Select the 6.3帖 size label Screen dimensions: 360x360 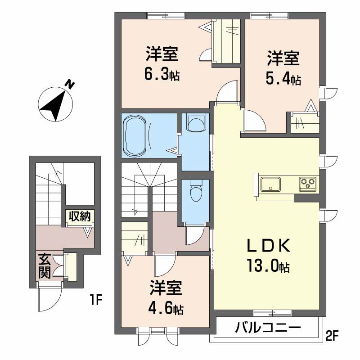pos(162,75)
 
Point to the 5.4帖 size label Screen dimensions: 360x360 pos(283,79)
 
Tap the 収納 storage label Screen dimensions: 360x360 pos(80,216)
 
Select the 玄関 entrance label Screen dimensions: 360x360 pos(44,265)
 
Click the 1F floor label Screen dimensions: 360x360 pos(96,298)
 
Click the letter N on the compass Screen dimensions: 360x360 pos(69,85)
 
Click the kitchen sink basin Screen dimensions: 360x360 pos(270,184)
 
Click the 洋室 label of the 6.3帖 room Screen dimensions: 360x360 pos(162,55)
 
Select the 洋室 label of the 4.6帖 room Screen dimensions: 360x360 pos(166,289)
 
